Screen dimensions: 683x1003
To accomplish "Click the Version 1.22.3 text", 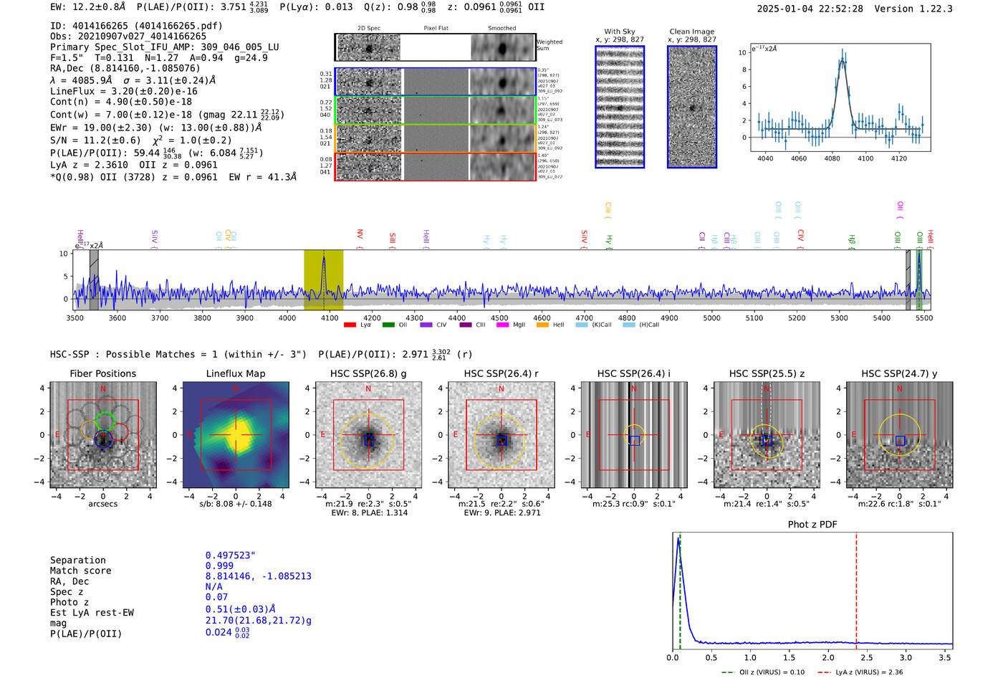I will (x=923, y=9).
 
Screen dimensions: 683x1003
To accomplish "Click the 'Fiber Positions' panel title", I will (x=102, y=373).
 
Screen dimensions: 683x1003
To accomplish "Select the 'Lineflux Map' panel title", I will (x=235, y=373).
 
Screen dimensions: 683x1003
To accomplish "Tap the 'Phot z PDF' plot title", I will (x=812, y=525).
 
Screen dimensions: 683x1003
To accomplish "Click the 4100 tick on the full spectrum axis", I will (x=330, y=317).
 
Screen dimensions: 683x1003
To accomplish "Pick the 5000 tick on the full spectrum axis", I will (x=711, y=317).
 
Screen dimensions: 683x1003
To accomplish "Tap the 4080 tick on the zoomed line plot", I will (x=832, y=158).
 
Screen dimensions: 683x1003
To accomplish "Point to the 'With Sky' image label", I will (x=619, y=32).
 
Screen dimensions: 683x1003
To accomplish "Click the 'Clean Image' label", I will (x=691, y=32).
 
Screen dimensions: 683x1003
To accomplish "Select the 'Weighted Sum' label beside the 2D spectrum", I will (x=549, y=45).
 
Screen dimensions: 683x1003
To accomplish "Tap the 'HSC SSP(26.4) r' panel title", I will (x=501, y=373).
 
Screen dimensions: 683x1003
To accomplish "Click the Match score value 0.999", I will (x=219, y=566).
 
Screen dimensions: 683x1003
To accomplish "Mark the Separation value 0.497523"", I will (x=230, y=555).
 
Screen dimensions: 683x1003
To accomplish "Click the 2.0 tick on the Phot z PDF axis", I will (x=827, y=657).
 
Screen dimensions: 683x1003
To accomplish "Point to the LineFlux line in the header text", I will (x=123, y=91).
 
